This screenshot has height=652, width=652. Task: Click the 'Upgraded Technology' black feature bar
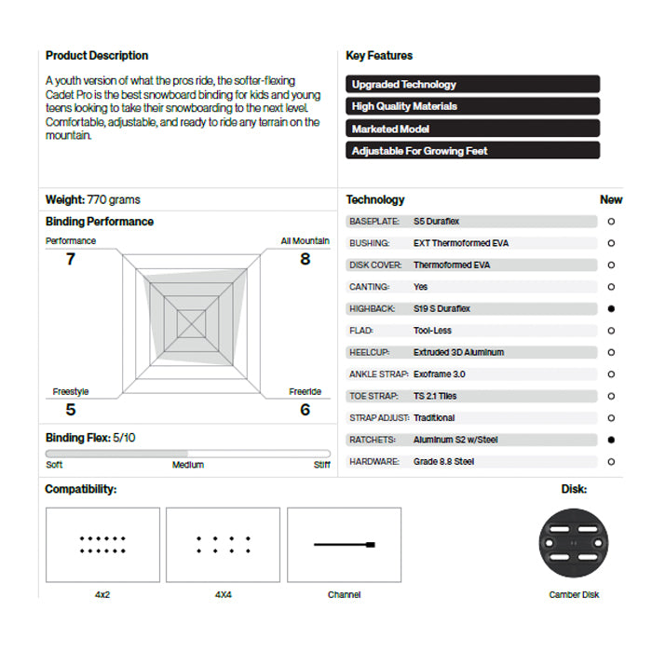472,85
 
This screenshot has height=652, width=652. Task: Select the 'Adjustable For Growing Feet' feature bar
472,151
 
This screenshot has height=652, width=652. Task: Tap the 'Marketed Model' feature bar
472,129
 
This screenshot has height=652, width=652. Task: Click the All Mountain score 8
305,259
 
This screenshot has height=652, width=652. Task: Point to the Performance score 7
71,259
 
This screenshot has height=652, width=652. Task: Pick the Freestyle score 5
71,409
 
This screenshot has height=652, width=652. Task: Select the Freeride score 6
305,409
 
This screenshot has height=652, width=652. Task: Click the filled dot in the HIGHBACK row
611,308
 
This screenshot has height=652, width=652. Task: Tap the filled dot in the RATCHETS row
611,440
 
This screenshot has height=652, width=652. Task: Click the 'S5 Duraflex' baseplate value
437,222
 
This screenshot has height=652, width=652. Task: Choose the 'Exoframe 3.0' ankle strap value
440,374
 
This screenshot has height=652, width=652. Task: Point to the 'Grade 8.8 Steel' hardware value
445,462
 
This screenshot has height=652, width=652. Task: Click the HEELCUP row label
369,353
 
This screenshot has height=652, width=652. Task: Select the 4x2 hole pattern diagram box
102,545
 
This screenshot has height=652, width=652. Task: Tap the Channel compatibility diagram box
344,545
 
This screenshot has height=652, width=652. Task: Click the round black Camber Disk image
575,545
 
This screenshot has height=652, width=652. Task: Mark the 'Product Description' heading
97,56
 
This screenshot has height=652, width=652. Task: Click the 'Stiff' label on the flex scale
321,465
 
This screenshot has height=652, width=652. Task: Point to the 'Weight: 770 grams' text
93,200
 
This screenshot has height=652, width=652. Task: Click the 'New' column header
611,199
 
